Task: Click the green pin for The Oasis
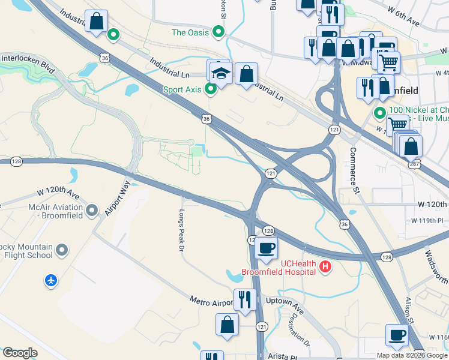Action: (x=219, y=32)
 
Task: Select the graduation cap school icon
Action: (x=220, y=74)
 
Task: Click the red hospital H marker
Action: (x=325, y=266)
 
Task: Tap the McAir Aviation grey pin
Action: (x=92, y=210)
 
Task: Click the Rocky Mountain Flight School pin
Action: (x=62, y=248)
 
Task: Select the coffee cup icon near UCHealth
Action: (x=266, y=247)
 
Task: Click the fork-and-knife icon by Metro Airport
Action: (x=244, y=299)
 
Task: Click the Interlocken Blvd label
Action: (x=28, y=64)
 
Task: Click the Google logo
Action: (x=20, y=353)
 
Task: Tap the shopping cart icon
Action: (x=388, y=61)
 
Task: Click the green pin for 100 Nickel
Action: (x=379, y=113)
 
